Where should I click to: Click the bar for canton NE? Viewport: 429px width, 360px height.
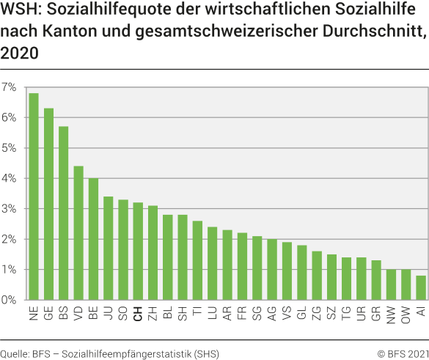tap(34, 196)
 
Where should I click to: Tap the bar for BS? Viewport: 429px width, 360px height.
tap(64, 213)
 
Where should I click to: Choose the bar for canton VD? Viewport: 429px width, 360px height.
tap(78, 233)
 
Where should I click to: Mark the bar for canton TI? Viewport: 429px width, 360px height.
tap(197, 260)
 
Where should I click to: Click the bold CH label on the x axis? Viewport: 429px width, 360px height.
tap(138, 314)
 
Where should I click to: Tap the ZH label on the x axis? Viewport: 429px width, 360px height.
tap(153, 314)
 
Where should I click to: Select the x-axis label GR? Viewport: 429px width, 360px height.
tap(375, 314)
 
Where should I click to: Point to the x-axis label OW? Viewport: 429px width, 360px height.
tap(406, 315)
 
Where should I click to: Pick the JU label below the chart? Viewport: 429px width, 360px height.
tap(109, 313)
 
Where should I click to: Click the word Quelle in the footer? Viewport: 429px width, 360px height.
tap(14, 353)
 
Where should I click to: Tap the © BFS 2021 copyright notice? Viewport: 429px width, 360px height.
tap(403, 353)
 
